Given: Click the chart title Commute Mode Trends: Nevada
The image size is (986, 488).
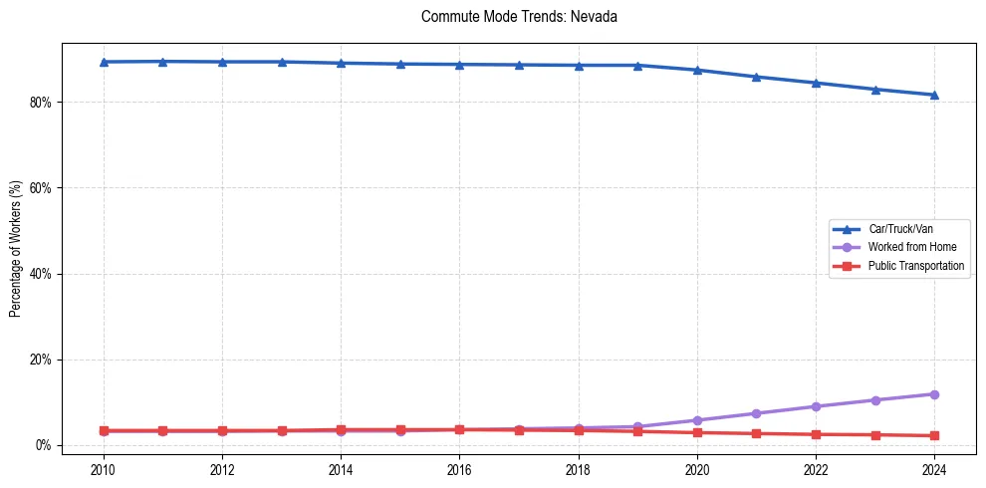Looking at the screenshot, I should click(520, 17).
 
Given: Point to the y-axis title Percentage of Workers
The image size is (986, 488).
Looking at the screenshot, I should click(16, 244).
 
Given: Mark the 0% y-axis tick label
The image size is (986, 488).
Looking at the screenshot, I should click(43, 445).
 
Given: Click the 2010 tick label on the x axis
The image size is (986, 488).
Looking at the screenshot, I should click(104, 469).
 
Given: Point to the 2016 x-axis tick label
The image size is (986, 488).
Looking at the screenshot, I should click(460, 469).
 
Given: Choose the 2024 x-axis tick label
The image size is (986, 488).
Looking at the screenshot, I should click(934, 469).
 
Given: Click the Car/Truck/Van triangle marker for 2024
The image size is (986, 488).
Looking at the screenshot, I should click(934, 95).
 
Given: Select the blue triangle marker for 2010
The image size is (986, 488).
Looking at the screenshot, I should click(104, 62).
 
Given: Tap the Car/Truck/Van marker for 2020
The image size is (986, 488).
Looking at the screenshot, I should click(697, 70).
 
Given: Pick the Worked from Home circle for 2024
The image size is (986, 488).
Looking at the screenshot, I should click(934, 394).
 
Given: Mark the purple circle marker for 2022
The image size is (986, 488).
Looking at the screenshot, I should click(816, 406).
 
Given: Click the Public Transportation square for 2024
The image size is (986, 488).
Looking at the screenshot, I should click(934, 435).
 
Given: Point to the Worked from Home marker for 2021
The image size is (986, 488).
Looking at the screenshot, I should click(756, 413).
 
